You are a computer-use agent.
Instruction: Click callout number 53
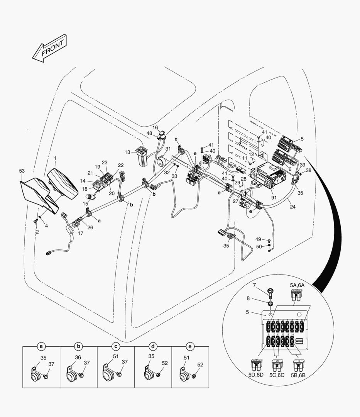pos(22,171)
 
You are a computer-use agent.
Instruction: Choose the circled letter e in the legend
pos(190,346)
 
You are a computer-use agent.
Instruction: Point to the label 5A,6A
pos(297,285)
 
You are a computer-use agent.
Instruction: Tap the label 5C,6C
pos(277,375)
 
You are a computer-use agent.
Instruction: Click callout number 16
pos(155,127)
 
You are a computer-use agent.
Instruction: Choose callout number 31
pos(168,149)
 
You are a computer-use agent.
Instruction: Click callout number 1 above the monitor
pos(55,158)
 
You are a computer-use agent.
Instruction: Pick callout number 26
pos(90,227)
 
